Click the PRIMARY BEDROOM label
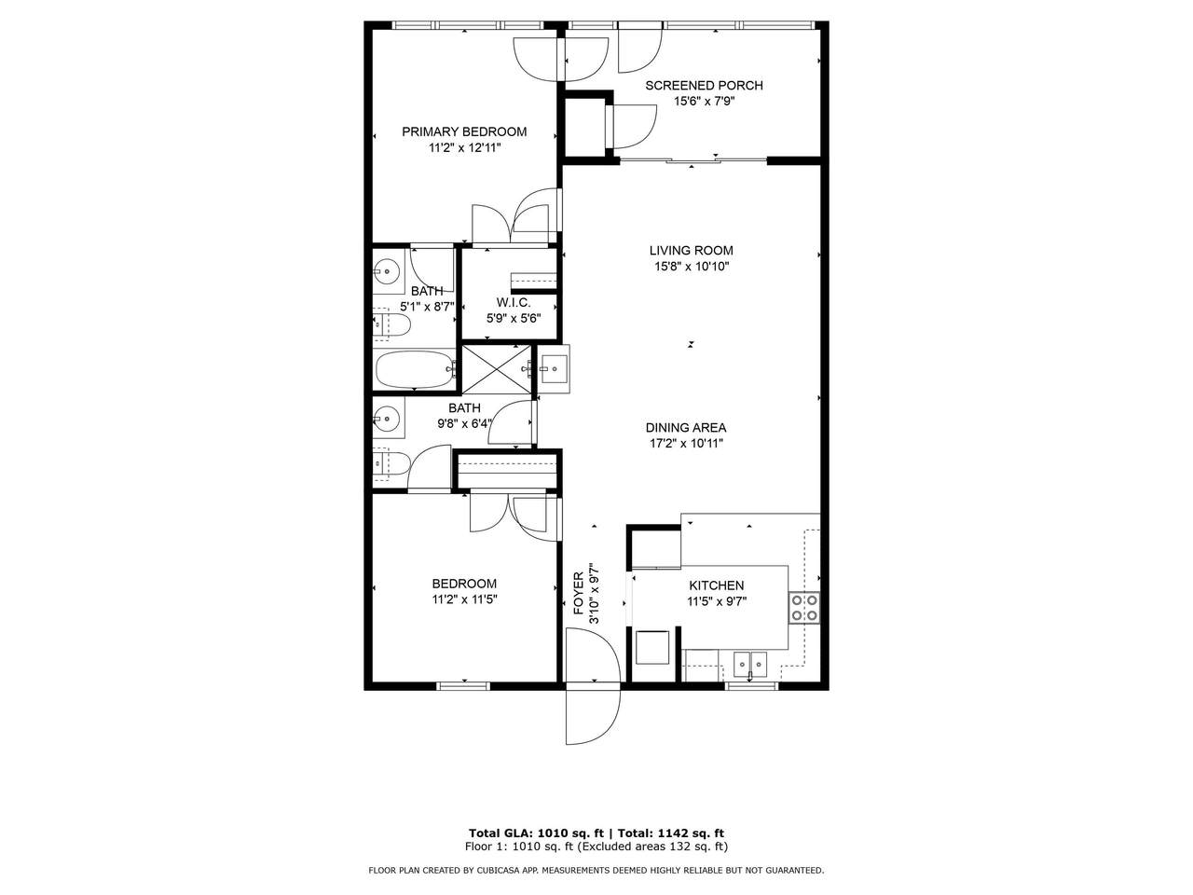464,131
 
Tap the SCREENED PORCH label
704,86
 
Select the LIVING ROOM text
691,251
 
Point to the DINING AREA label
686,428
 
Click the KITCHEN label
717,585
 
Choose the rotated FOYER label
578,593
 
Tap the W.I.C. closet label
513,303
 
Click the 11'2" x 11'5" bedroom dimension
464,599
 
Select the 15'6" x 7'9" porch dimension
705,101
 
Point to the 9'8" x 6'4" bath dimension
464,423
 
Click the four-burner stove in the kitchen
804,608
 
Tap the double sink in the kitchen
750,663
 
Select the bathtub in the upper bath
416,369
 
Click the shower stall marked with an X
496,369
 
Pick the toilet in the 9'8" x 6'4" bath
391,463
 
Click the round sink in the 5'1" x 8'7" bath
387,269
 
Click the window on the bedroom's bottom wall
463,686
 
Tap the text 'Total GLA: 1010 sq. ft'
537,833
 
